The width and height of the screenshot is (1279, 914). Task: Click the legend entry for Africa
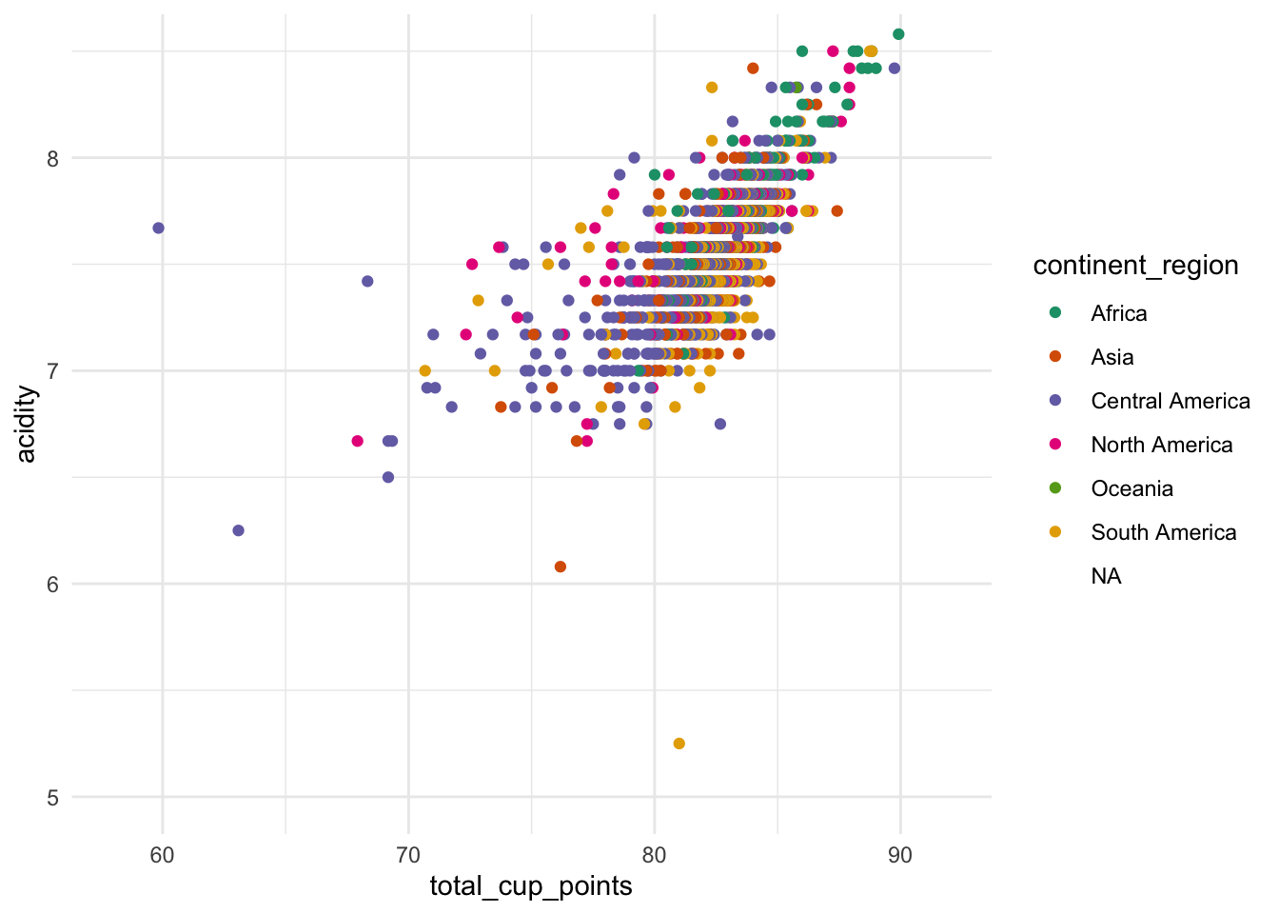tap(1118, 313)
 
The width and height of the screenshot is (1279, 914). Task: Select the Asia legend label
tap(1112, 357)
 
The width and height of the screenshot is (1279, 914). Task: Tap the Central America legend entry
tap(1170, 401)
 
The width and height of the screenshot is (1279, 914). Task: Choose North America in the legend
tap(1161, 445)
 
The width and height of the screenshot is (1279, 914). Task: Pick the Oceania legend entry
tap(1131, 488)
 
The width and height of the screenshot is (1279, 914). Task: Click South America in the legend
tap(1163, 532)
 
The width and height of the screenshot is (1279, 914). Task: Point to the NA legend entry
tap(1106, 576)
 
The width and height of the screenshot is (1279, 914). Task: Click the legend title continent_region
tap(1135, 266)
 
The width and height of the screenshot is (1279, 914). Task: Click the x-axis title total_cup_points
tap(531, 886)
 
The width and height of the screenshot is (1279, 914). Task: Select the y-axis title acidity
tap(27, 424)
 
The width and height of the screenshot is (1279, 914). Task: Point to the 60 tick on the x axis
tap(163, 855)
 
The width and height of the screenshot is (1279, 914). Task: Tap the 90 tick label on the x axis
tap(900, 855)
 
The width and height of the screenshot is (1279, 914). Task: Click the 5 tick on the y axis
tap(52, 798)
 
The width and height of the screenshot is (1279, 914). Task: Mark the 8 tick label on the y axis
tap(52, 158)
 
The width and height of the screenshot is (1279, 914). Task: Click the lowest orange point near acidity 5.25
tap(679, 744)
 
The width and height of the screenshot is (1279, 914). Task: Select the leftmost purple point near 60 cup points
tap(159, 228)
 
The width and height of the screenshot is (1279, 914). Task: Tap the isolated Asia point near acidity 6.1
tap(561, 566)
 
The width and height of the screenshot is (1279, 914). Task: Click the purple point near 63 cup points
tap(239, 530)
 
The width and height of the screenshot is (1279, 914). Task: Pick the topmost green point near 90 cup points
tap(898, 34)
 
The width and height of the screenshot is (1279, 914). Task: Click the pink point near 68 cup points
tap(358, 441)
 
